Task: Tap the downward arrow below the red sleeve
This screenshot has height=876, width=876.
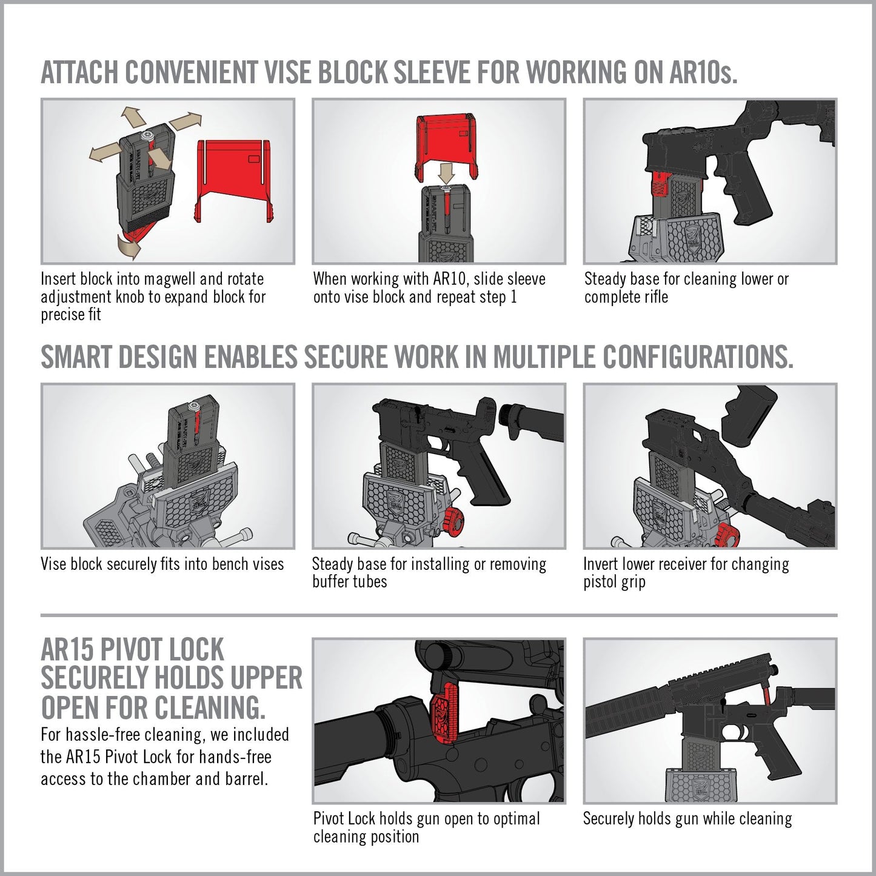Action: pyautogui.click(x=447, y=173)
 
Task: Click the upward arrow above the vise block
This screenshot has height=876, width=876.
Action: pyautogui.click(x=131, y=115)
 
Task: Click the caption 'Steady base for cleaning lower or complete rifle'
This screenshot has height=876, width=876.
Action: pyautogui.click(x=686, y=288)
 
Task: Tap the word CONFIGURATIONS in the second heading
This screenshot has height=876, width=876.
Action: pyautogui.click(x=697, y=357)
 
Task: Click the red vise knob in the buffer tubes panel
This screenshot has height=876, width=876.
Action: pyautogui.click(x=451, y=520)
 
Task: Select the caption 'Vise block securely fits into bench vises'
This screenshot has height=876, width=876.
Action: pyautogui.click(x=162, y=564)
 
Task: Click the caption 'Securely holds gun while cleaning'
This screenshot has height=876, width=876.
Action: pyautogui.click(x=687, y=819)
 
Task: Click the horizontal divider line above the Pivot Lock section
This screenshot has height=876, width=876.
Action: pyautogui.click(x=438, y=615)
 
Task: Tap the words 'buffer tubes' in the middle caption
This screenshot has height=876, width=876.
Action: pyautogui.click(x=349, y=582)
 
